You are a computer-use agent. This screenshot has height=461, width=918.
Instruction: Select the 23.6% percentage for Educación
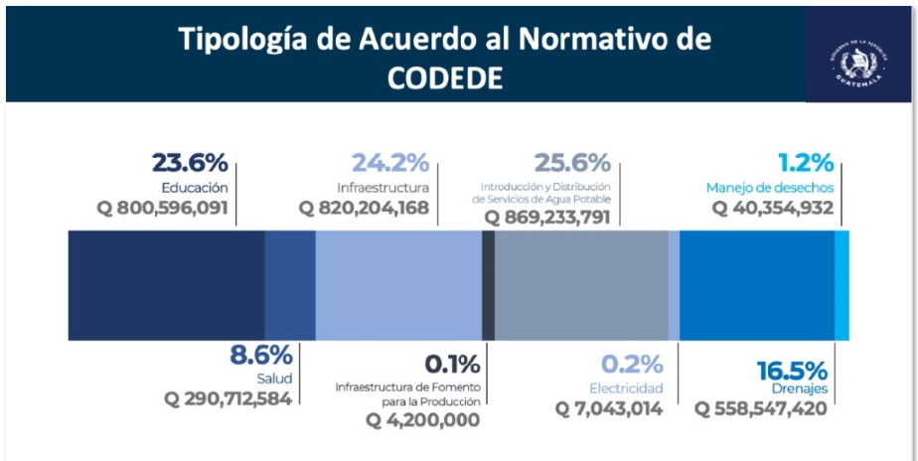coord(190,163)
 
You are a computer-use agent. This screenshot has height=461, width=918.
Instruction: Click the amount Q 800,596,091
coord(163,209)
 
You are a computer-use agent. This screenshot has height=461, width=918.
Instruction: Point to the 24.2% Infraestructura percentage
coord(390,163)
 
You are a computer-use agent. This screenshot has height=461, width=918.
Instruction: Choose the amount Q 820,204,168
coord(365,209)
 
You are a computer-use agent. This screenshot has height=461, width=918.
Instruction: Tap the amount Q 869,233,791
coord(546,217)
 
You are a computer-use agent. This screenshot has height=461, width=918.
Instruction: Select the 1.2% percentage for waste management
coord(807,163)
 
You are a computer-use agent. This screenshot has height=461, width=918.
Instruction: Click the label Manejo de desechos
coord(770,187)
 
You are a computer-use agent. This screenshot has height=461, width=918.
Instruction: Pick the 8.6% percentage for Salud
coord(261,355)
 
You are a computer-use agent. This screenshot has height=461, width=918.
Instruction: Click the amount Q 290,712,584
coord(229,398)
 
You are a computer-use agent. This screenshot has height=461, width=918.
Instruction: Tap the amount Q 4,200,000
coord(422,420)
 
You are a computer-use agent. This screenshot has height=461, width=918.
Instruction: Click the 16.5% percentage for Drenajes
coord(792,370)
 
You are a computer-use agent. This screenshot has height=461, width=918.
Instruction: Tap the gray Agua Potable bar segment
coord(581,285)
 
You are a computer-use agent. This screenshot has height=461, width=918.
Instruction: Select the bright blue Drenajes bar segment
coord(756,285)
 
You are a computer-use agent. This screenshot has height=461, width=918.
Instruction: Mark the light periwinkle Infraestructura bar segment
coord(397,285)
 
